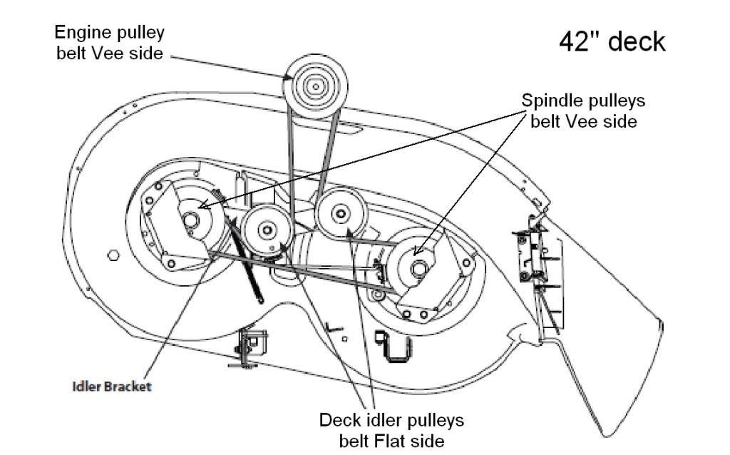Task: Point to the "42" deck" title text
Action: tap(611, 41)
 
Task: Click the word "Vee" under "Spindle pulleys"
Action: tap(592, 121)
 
